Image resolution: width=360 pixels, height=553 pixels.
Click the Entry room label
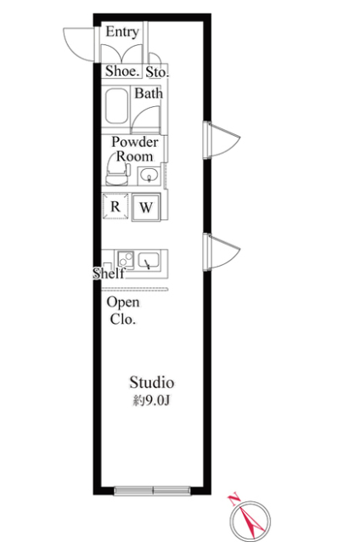click(122, 32)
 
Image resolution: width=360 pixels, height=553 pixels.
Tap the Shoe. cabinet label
click(122, 71)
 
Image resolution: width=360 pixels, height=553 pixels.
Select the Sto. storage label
click(157, 72)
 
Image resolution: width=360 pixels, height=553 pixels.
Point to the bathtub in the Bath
click(116, 106)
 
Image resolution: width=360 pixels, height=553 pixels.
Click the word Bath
click(149, 93)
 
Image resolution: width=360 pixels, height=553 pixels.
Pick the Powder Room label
click(135, 149)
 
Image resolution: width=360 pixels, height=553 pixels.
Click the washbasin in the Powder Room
click(149, 175)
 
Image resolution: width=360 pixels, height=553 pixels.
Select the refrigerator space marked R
click(115, 206)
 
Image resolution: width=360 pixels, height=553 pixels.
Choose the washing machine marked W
click(146, 207)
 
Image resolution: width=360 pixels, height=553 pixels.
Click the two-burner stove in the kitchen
click(126, 260)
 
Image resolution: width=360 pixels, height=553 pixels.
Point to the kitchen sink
click(149, 261)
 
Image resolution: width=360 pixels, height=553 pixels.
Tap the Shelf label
click(109, 273)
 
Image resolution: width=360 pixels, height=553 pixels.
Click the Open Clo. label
click(123, 311)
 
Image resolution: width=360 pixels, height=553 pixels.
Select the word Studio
click(152, 382)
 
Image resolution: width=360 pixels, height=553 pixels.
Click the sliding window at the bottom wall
click(152, 491)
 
